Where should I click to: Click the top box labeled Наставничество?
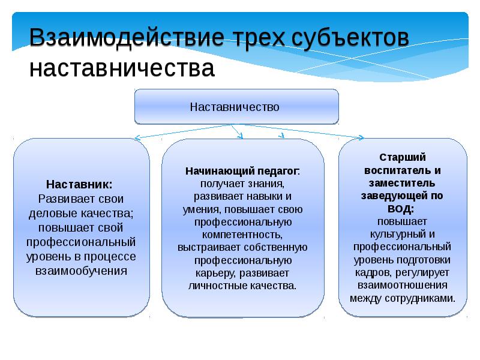click(235, 107)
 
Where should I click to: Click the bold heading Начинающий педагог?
click(242, 171)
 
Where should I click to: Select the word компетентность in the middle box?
click(242, 234)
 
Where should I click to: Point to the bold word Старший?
click(403, 157)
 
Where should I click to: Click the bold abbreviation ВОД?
click(403, 208)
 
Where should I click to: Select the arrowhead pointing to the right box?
click(361, 138)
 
